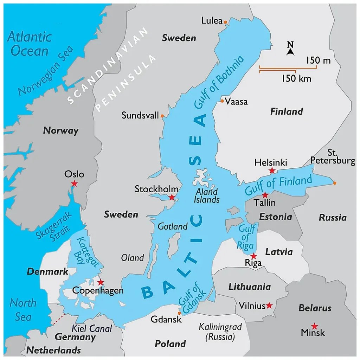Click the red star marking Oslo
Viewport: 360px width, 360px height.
point(74,184)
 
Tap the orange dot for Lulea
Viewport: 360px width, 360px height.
point(225,22)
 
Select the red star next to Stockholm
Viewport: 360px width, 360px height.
point(172,198)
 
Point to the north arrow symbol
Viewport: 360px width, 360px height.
point(290,50)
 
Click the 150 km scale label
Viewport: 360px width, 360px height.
point(296,78)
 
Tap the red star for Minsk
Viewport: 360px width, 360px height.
point(314,326)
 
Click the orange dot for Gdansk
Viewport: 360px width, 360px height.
point(179,313)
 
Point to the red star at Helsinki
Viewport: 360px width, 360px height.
point(272,171)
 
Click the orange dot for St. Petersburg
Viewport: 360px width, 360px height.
point(334,183)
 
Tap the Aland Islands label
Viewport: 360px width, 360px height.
point(206,195)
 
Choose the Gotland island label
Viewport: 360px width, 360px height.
point(172,226)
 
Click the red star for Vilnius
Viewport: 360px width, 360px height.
point(269,306)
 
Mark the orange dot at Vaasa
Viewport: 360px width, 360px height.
point(222,101)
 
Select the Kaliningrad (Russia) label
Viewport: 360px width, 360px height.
point(220,332)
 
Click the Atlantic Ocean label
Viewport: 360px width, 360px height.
point(30,44)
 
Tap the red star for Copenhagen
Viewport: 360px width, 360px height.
point(101,282)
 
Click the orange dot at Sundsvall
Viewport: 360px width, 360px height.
point(162,116)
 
